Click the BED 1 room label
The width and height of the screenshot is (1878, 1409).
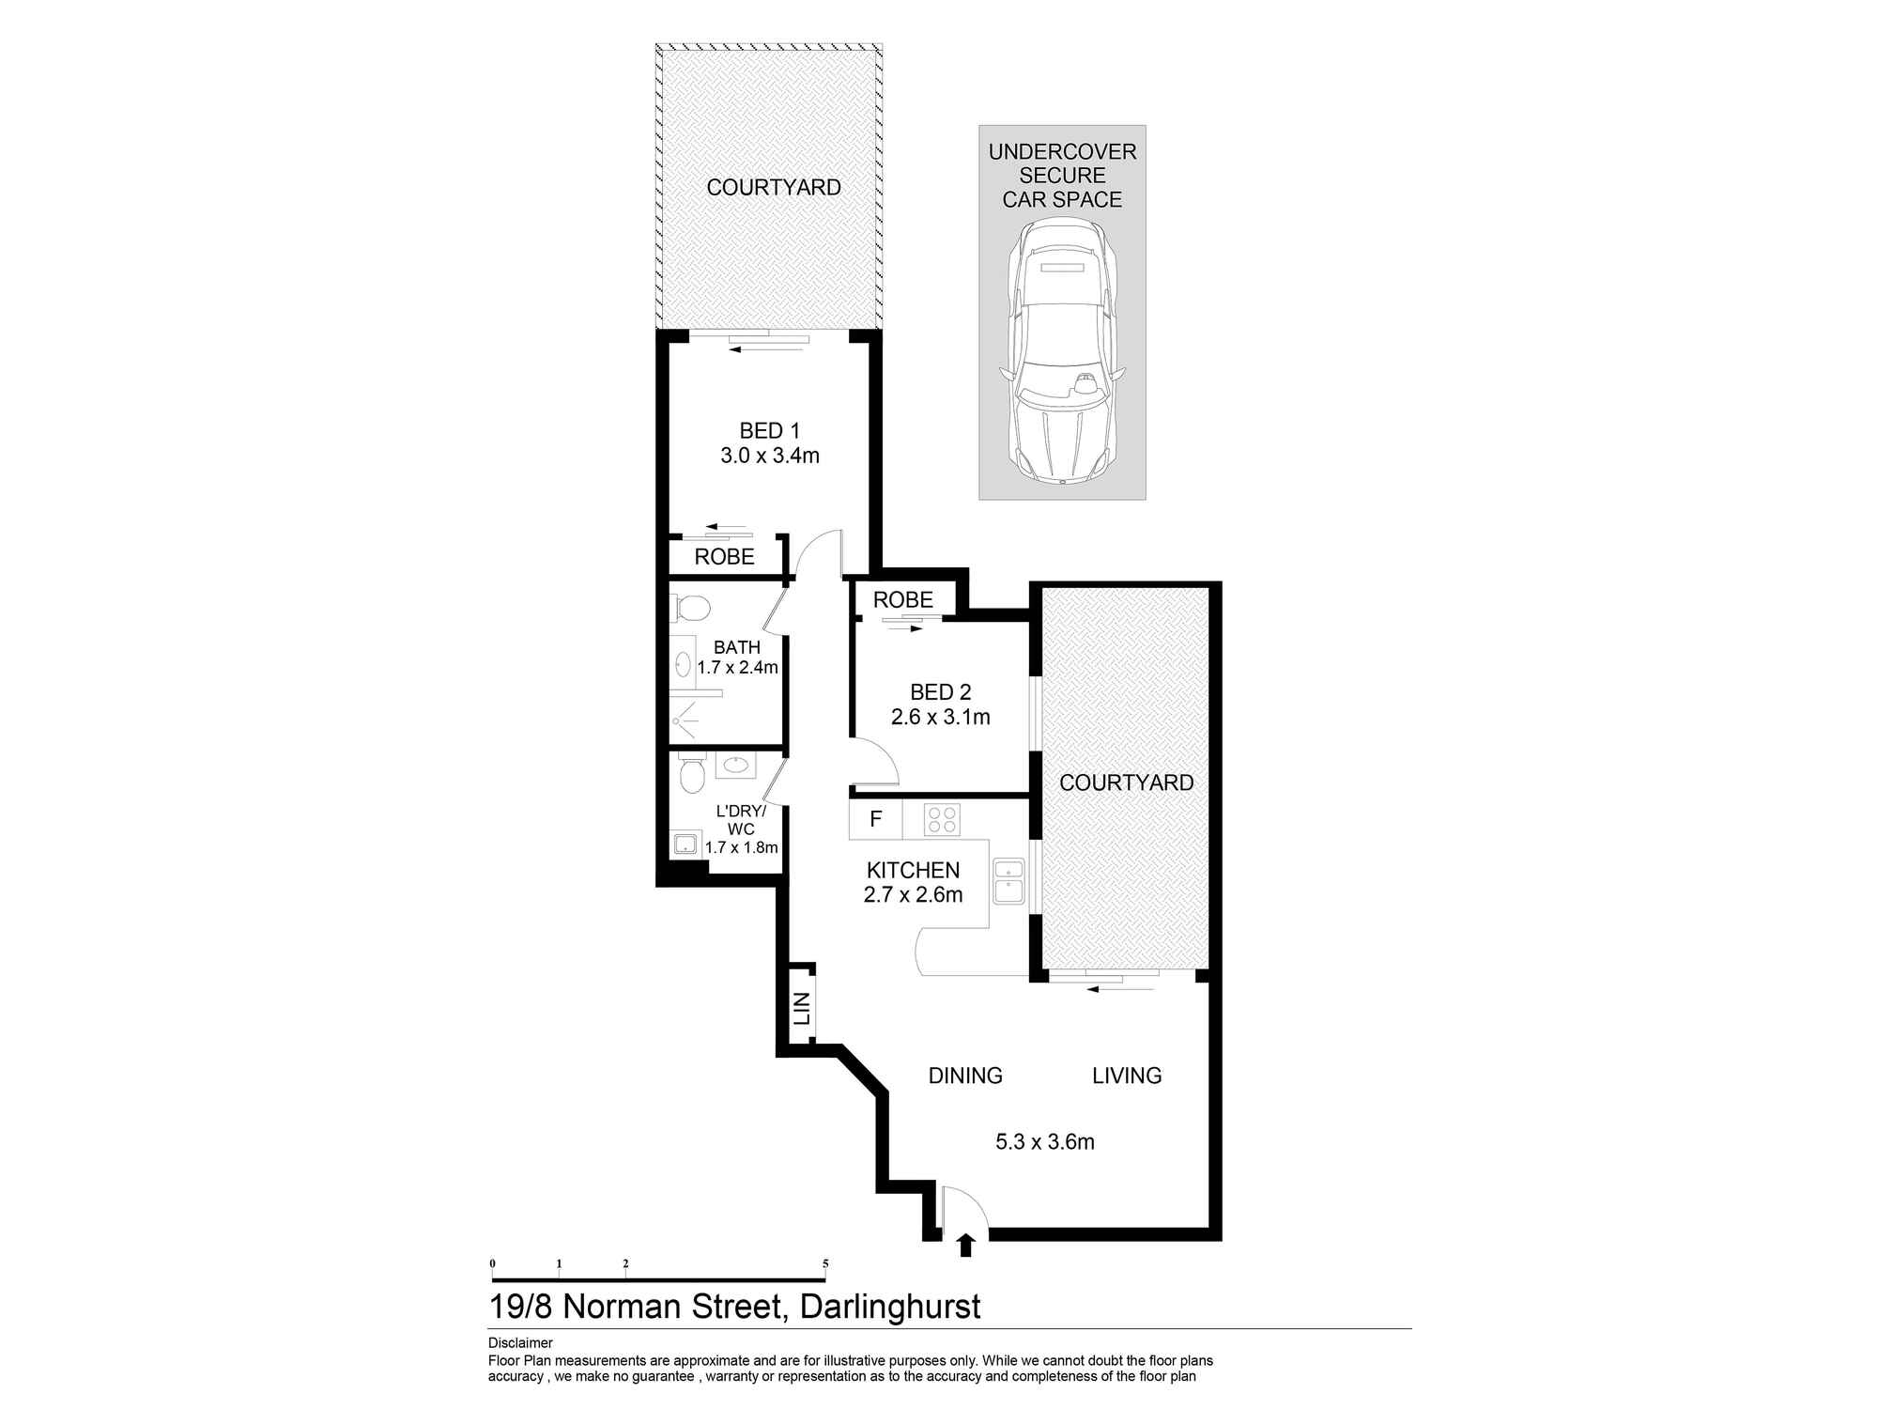coord(769,431)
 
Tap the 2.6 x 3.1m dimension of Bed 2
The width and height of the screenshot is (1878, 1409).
coord(940,718)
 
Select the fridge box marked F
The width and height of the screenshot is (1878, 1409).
coord(875,819)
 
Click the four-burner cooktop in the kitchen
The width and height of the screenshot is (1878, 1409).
coord(941,820)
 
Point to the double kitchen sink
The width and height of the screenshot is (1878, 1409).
coord(1008,881)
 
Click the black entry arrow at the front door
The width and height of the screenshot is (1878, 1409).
coord(965,1246)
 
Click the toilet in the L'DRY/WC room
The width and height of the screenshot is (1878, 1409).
coord(691,775)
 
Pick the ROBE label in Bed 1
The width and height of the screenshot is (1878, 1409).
coord(724,557)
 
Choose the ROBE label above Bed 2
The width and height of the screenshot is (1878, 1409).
coord(902,600)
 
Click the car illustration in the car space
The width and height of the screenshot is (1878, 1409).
coord(1062,352)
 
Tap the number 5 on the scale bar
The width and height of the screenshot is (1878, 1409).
coord(825,1264)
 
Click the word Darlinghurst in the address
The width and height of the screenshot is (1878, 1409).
coord(889,1307)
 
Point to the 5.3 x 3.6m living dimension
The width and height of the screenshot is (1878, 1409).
coord(1044,1142)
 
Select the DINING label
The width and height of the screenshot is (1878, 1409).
coord(965,1076)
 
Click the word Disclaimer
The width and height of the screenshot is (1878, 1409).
coord(520,1343)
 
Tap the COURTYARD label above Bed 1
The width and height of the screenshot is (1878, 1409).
coord(773,188)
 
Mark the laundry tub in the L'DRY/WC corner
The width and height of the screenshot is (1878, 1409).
coord(685,844)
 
